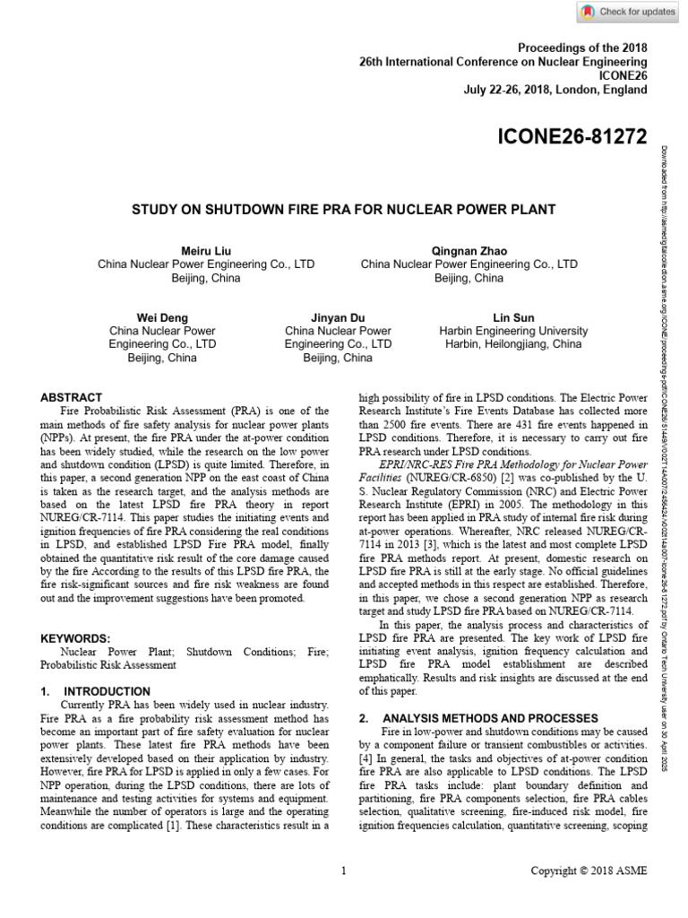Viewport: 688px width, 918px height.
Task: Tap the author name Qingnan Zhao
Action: [469, 250]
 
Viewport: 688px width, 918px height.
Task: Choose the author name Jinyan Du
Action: [338, 317]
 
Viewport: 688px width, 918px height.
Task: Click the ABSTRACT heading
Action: [72, 397]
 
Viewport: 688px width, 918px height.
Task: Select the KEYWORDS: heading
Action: [77, 638]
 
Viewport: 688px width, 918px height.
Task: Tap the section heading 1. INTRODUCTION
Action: [96, 691]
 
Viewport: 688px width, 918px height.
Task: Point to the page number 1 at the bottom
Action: [344, 870]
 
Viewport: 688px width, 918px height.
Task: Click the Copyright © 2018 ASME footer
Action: [588, 870]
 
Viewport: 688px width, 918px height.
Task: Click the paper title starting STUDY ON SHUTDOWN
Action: [344, 210]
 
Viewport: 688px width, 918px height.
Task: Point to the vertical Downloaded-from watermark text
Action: [666, 448]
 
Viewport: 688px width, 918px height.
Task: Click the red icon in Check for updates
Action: [588, 12]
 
